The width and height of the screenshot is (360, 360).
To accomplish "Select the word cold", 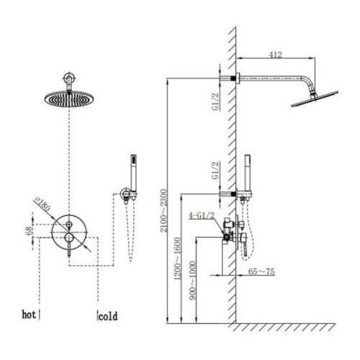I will tap(108, 315).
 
